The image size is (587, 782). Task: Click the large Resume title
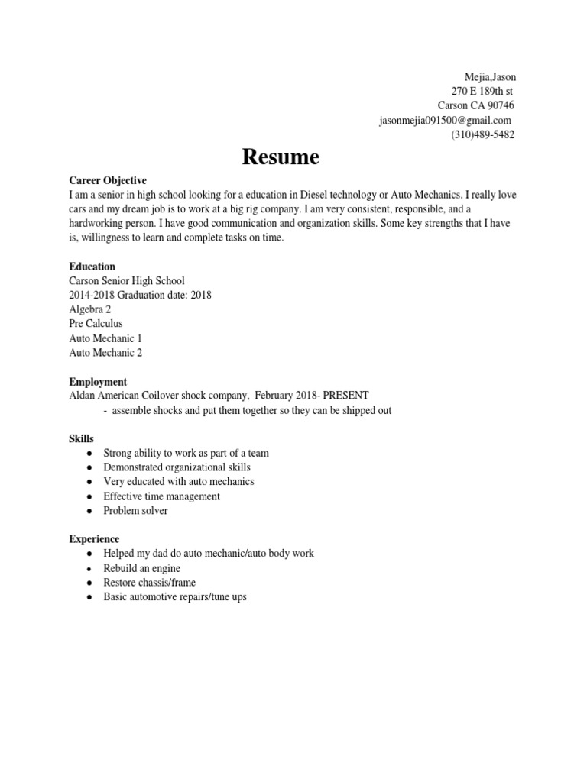281,158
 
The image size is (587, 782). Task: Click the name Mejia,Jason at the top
490,77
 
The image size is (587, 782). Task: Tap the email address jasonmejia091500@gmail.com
445,121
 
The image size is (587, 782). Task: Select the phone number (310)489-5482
482,135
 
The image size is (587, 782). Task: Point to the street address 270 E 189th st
482,92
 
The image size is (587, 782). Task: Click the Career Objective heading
108,180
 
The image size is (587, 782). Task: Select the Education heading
92,267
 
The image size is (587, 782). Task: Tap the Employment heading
98,381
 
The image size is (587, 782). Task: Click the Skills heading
82,438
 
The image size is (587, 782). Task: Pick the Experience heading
94,539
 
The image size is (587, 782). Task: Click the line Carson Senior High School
127,281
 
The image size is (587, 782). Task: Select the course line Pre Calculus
96,324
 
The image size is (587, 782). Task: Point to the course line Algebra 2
89,309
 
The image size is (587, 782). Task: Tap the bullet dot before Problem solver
90,511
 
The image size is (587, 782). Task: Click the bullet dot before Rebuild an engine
90,569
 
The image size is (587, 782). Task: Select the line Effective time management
161,496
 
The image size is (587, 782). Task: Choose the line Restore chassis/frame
150,583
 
